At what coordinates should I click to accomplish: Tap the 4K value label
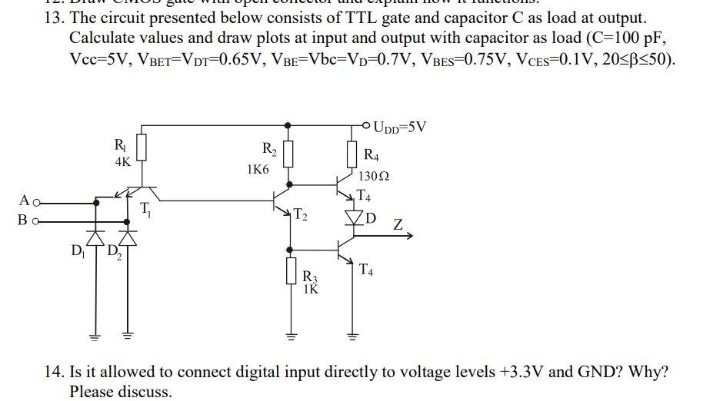(122, 162)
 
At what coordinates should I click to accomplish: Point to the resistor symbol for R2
(288, 154)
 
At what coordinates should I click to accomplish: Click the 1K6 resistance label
(258, 169)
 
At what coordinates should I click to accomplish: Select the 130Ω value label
(375, 177)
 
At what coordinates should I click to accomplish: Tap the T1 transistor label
(146, 208)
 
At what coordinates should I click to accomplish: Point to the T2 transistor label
(301, 216)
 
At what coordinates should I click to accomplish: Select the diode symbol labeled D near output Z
(354, 217)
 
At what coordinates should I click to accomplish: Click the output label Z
(398, 225)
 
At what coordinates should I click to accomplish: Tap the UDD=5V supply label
(399, 127)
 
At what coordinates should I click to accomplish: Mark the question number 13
(54, 18)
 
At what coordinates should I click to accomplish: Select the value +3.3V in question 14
(522, 373)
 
